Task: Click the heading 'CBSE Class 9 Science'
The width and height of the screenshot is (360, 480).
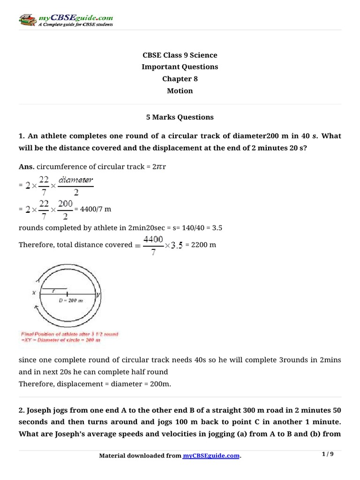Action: [x=180, y=55]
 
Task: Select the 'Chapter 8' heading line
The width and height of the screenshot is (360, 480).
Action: [x=180, y=79]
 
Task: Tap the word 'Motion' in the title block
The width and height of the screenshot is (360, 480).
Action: [x=180, y=91]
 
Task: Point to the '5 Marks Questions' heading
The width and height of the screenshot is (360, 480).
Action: [x=180, y=117]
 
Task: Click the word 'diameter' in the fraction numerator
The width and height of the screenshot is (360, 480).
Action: [x=76, y=179]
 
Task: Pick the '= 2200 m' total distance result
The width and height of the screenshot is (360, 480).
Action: [x=201, y=245]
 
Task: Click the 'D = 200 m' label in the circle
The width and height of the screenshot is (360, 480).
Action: [x=70, y=300]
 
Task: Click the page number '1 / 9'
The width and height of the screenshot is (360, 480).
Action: [x=328, y=454]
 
